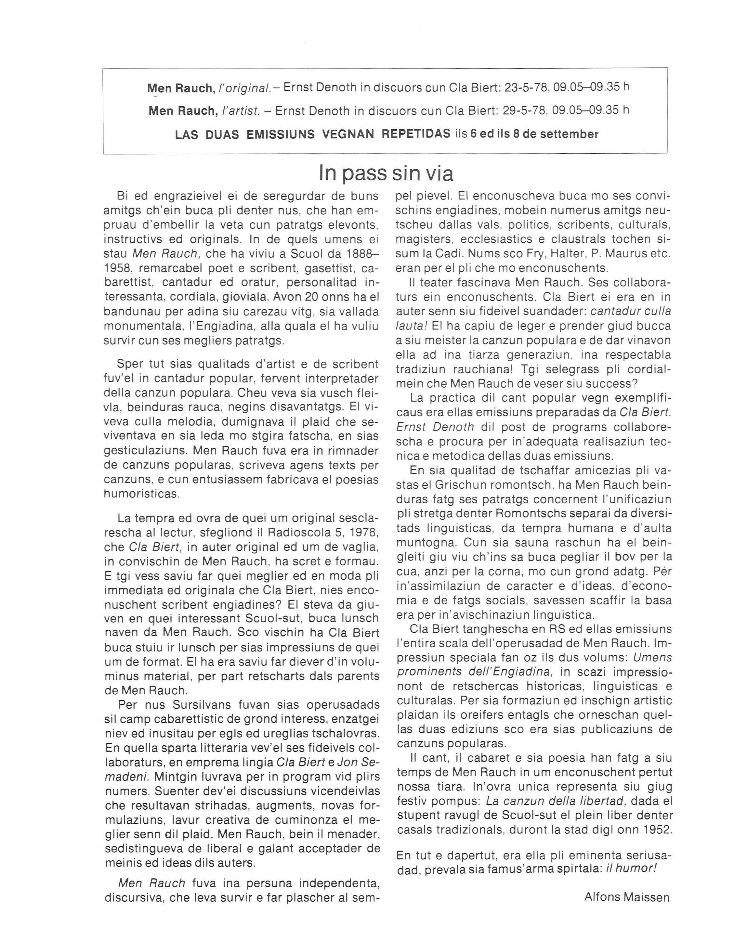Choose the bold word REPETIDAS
(416, 134)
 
